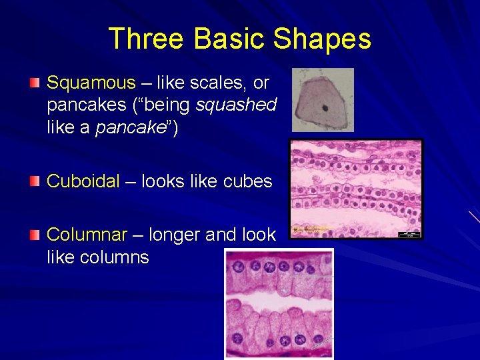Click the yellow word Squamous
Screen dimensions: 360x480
[91, 83]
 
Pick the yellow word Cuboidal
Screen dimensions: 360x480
[83, 181]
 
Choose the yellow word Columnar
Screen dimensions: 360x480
[87, 235]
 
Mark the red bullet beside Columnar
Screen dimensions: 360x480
[35, 235]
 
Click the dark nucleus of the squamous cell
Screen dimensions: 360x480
[325, 107]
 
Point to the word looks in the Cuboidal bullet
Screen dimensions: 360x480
[174, 181]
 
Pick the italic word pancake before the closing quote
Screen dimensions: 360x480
[131, 127]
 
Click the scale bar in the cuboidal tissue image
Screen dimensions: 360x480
[409, 233]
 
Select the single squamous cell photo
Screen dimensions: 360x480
[323, 100]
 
